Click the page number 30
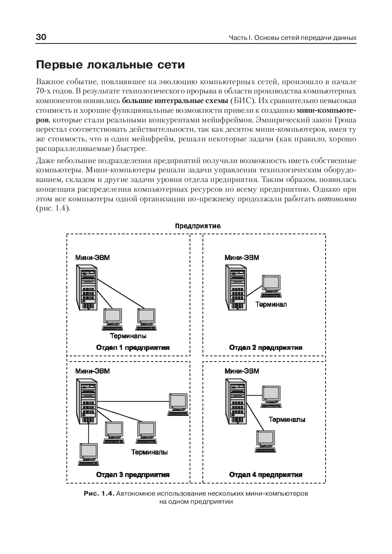point(41,37)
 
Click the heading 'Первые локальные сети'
point(110,65)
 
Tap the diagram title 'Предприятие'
point(198,226)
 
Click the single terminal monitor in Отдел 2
point(271,285)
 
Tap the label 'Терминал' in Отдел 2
point(271,304)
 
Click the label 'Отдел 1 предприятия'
point(133,347)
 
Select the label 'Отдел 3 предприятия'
point(133,475)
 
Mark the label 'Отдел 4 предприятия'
point(266,475)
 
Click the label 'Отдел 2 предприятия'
point(266,347)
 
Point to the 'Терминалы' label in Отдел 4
point(287,420)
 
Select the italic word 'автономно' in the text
point(337,199)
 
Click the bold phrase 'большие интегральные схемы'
point(175,101)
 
